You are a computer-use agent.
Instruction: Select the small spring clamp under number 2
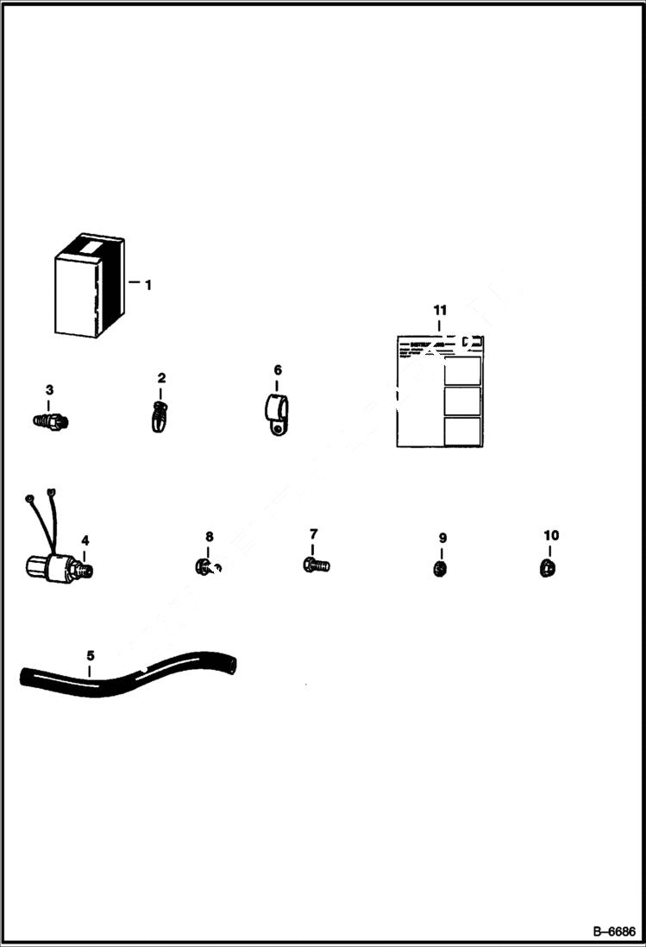click(x=160, y=418)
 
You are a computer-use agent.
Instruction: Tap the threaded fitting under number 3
click(x=50, y=420)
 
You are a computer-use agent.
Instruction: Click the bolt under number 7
click(x=316, y=565)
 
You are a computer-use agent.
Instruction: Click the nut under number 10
click(x=548, y=567)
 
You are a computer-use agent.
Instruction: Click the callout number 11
click(x=440, y=310)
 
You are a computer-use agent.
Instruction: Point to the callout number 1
click(x=147, y=284)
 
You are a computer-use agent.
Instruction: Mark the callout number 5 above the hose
click(x=91, y=656)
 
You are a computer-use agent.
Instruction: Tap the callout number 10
click(x=551, y=535)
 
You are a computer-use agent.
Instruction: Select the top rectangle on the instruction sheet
click(x=461, y=369)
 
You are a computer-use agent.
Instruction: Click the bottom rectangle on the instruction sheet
click(x=461, y=431)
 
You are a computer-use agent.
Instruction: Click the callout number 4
click(x=85, y=540)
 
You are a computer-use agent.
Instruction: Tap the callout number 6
click(x=278, y=370)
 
